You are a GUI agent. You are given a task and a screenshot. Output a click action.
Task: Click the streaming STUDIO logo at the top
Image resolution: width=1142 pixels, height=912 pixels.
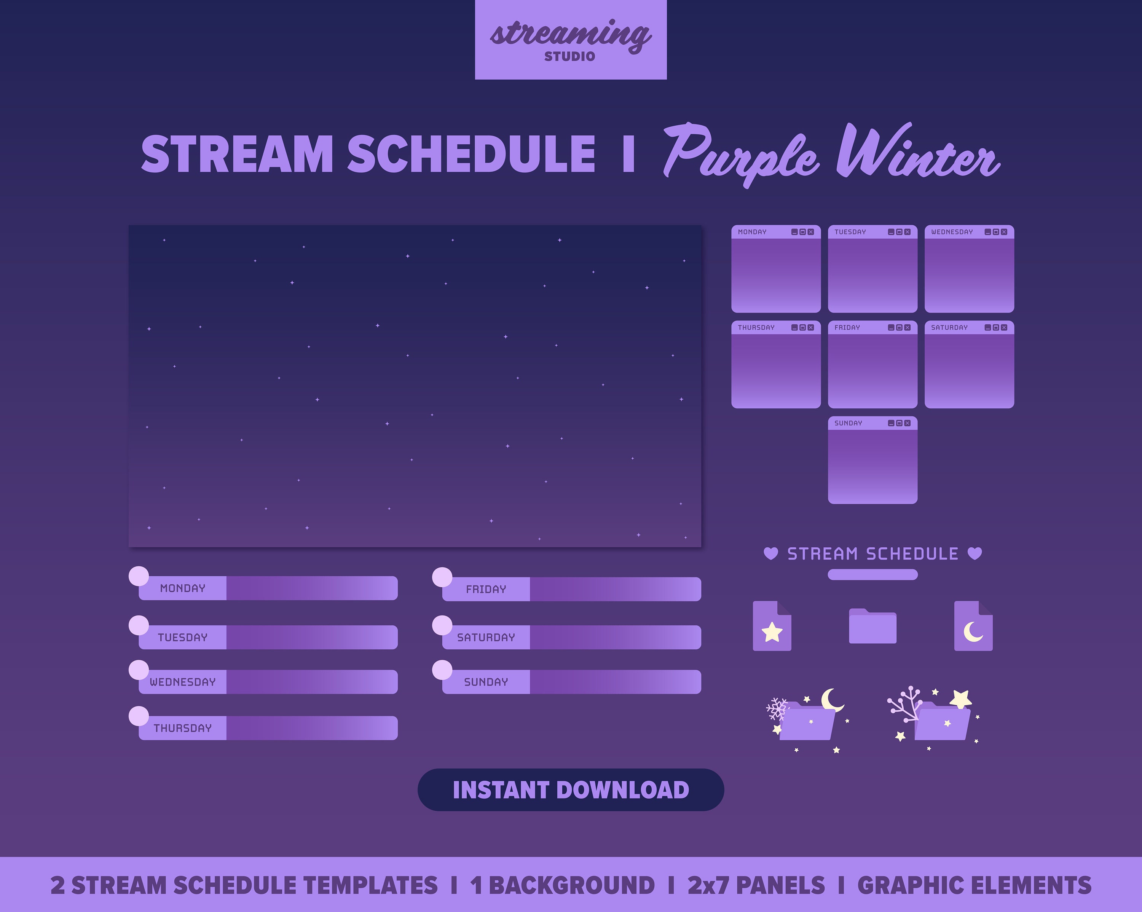pos(571,40)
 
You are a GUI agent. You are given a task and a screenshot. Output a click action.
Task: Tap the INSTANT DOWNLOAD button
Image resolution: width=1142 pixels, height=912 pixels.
pos(571,790)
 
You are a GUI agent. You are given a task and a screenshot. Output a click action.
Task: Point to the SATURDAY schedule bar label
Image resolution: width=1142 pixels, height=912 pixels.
pos(486,638)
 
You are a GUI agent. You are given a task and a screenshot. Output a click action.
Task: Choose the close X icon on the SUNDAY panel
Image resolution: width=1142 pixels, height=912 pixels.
pos(908,423)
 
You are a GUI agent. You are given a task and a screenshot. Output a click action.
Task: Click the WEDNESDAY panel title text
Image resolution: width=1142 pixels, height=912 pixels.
pos(952,232)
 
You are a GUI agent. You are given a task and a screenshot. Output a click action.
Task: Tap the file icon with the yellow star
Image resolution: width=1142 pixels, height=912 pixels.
pos(772,626)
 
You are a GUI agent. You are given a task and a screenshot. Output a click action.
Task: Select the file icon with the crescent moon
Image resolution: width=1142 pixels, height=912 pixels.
pos(973,626)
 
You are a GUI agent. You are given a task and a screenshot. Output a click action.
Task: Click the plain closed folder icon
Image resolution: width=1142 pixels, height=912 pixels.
pos(872,627)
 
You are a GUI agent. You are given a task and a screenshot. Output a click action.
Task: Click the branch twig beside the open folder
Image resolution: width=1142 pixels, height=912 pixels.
pos(905,705)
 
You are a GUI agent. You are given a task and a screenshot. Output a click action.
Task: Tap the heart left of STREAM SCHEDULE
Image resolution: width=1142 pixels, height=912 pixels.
pos(771,553)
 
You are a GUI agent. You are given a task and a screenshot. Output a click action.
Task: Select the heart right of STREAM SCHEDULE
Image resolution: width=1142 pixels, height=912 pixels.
pos(975,553)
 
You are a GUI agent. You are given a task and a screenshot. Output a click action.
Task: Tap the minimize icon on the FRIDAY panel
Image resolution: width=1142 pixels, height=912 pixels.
pos(891,328)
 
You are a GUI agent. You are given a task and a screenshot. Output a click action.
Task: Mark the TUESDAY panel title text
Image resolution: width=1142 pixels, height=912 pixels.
pos(850,232)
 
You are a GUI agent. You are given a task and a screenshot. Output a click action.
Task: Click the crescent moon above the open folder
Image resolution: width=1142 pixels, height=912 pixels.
pos(832,700)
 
